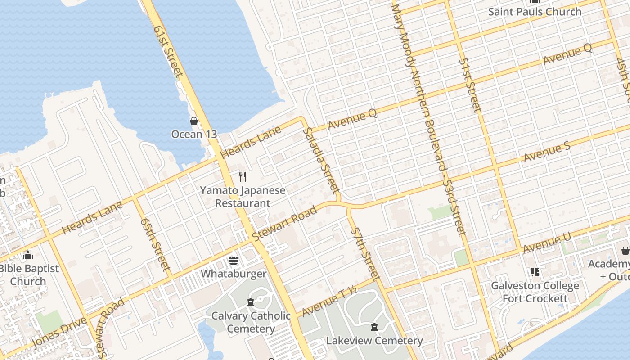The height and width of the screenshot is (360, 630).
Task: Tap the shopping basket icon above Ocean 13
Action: click(x=194, y=121)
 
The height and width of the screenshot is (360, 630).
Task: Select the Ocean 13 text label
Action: click(x=194, y=134)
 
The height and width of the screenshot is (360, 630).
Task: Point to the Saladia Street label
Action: click(x=321, y=160)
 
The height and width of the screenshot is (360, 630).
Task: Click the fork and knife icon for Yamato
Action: click(x=243, y=176)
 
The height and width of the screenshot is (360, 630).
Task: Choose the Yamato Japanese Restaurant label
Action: click(x=243, y=197)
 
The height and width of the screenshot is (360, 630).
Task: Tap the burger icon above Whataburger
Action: click(x=233, y=261)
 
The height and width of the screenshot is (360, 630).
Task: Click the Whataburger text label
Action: click(x=233, y=274)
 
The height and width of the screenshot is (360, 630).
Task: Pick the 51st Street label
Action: click(x=471, y=85)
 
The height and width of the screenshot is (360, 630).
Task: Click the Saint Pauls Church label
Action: click(x=535, y=12)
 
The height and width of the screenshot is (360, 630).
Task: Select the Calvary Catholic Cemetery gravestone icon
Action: click(x=251, y=302)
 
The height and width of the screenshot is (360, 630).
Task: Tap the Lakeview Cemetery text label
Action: click(x=374, y=341)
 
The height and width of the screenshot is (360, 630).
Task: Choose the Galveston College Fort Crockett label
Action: click(x=535, y=292)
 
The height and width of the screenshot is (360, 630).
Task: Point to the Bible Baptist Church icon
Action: click(x=28, y=256)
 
